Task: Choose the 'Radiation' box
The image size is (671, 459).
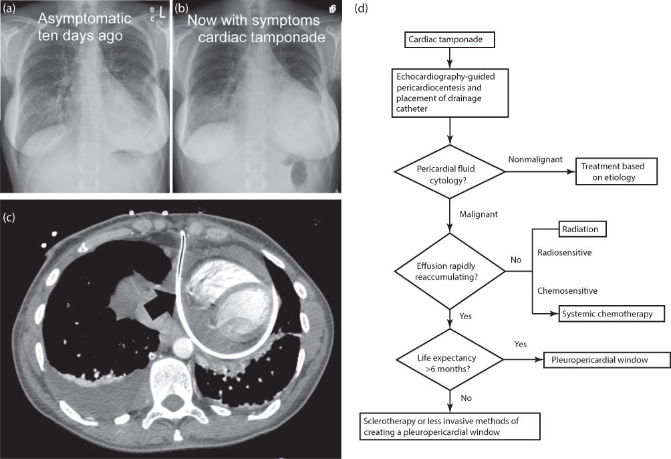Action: pyautogui.click(x=583, y=230)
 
